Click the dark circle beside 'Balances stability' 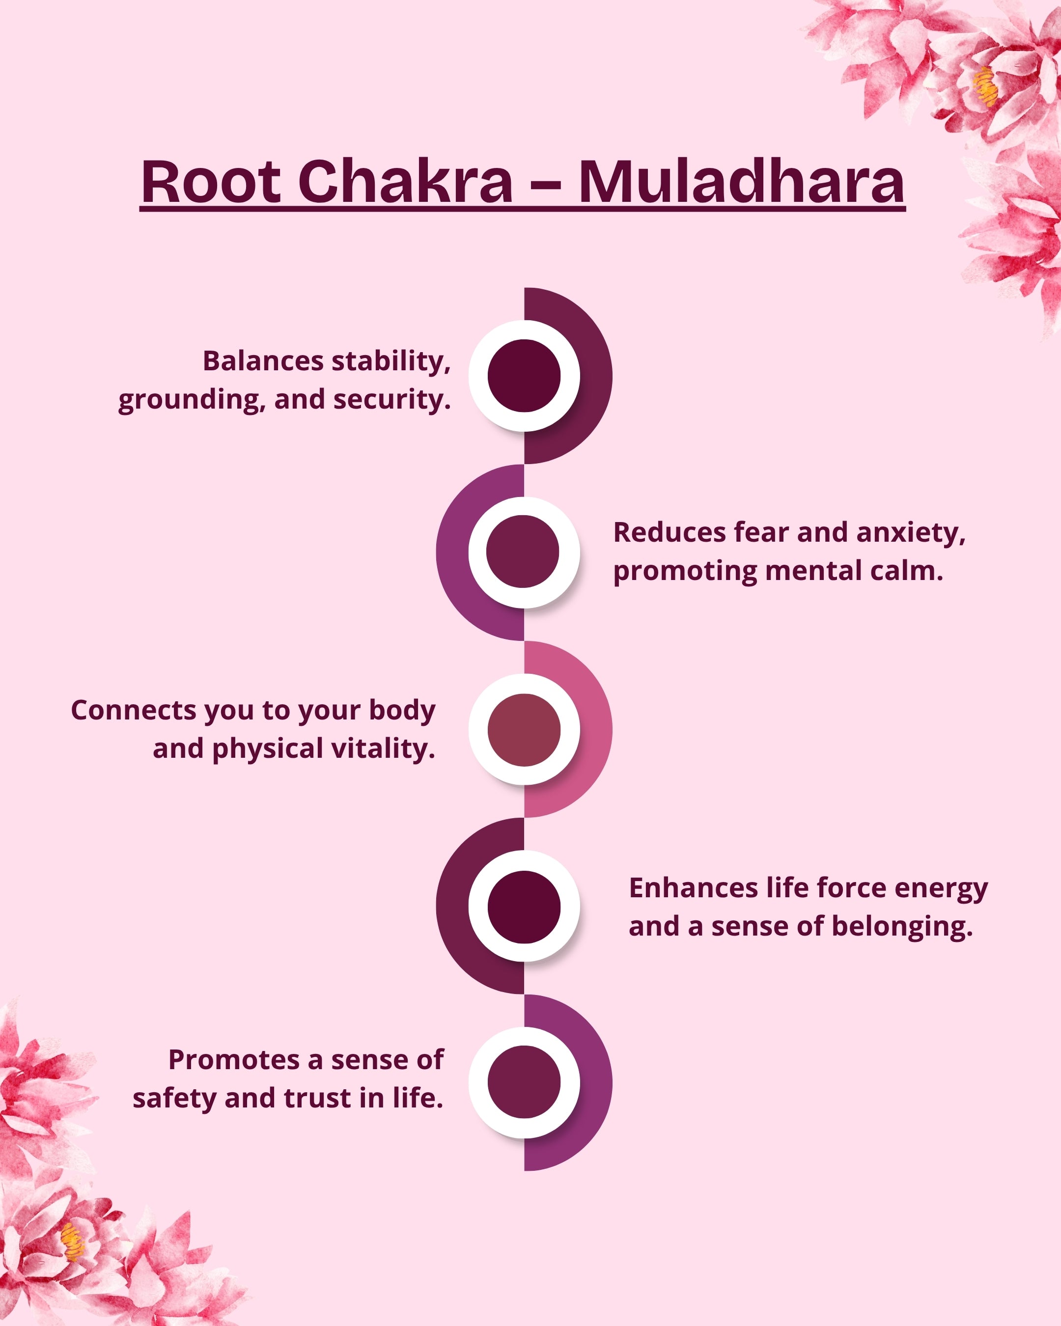(x=524, y=375)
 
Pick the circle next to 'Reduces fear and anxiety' (x=523, y=552)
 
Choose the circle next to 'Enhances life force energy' (x=524, y=907)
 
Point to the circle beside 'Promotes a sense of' (x=524, y=1082)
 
